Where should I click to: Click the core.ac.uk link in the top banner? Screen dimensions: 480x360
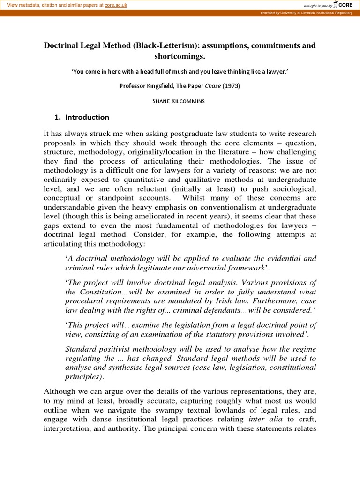pos(116,5)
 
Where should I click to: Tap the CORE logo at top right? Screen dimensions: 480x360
pos(345,5)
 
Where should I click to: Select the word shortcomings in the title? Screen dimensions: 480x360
pos(180,56)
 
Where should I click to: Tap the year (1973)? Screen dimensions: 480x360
pos(231,86)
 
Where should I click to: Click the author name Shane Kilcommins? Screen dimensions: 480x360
pos(180,101)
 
